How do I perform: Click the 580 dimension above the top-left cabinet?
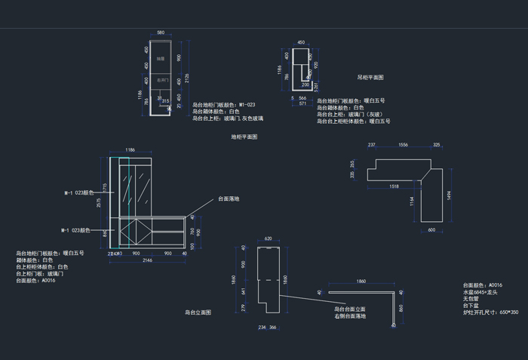pos(160,33)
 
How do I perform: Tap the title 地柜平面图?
pos(244,137)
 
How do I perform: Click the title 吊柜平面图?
pos(370,77)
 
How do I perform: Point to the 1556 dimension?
pos(403,145)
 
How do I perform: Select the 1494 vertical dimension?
pos(449,195)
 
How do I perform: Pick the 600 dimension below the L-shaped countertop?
pos(431,230)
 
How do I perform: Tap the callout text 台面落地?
pos(229,198)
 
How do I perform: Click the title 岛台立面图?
pos(198,312)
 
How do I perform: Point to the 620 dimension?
pos(268,239)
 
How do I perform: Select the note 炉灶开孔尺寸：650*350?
pos(491,312)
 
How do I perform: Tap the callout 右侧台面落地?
pos(350,316)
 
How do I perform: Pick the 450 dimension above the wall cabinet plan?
pos(301,43)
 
